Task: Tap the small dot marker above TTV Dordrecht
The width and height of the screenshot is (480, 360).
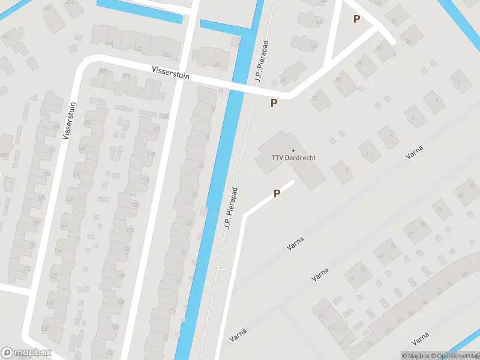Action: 293,150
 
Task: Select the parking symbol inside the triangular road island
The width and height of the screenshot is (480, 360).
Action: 357,19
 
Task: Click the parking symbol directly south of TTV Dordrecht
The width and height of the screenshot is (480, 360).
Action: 277,193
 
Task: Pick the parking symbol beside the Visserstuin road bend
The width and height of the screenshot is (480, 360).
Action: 274,103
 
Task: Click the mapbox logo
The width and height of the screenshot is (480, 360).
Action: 26,353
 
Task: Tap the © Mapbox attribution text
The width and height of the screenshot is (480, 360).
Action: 416,356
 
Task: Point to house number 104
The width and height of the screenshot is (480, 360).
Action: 109,44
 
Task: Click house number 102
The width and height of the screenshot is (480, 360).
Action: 138,49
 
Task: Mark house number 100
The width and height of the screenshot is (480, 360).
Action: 166,55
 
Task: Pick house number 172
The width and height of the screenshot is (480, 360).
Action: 151,154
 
